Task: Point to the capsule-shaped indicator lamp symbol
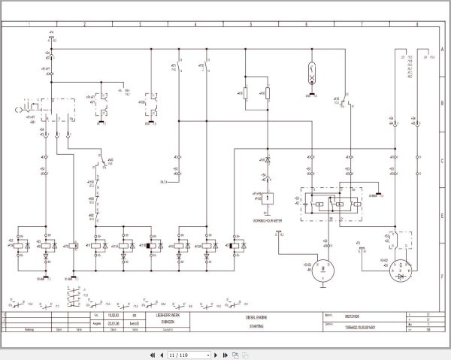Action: click(310, 75)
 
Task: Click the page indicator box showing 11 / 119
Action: click(178, 354)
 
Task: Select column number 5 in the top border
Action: click(250, 24)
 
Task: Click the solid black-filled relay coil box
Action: click(150, 246)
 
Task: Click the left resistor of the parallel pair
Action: click(246, 93)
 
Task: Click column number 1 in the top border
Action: click(29, 24)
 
